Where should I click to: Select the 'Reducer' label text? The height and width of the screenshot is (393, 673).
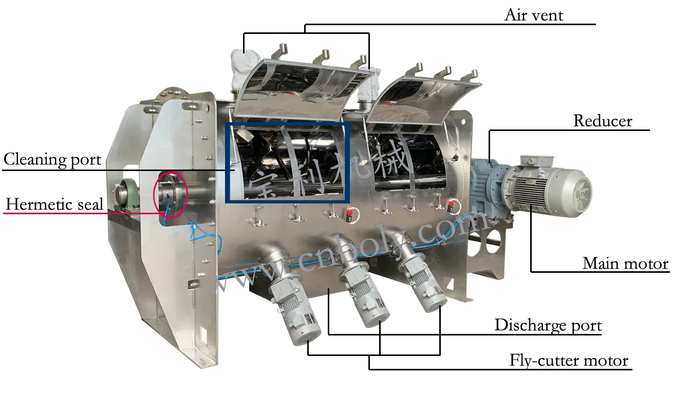[x=602, y=121]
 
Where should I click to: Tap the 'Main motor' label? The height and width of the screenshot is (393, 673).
[x=625, y=264]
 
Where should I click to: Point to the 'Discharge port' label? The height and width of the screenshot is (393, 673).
[x=548, y=325]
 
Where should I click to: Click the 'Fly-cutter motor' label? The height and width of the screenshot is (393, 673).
[x=569, y=360]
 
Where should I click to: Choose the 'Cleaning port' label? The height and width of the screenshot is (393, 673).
[x=52, y=160]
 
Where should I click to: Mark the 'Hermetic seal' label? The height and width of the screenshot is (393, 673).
[x=54, y=204]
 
